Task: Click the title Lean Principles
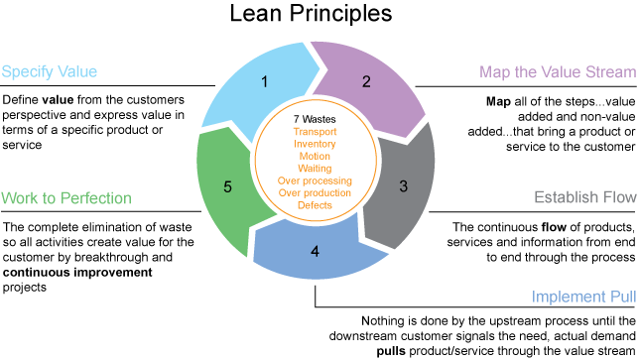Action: pyautogui.click(x=312, y=14)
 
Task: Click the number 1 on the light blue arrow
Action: pyautogui.click(x=265, y=82)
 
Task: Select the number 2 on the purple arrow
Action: pyautogui.click(x=366, y=82)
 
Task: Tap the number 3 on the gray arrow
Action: pyautogui.click(x=403, y=185)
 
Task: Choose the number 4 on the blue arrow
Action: pyautogui.click(x=315, y=251)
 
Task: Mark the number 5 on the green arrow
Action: pyautogui.click(x=226, y=185)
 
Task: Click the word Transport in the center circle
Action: pyautogui.click(x=315, y=130)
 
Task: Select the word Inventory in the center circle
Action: pyautogui.click(x=315, y=143)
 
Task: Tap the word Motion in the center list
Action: pyautogui.click(x=315, y=155)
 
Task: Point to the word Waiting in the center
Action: pyautogui.click(x=315, y=167)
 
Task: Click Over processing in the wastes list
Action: pyautogui.click(x=315, y=180)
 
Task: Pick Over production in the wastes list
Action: pyautogui.click(x=315, y=191)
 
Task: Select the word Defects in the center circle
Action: pyautogui.click(x=315, y=203)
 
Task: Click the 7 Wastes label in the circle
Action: pyautogui.click(x=315, y=119)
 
